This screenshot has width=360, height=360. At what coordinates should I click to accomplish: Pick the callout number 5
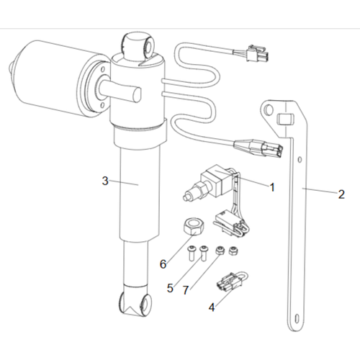[171, 289]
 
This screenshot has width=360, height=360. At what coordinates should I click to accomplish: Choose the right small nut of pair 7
[232, 252]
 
